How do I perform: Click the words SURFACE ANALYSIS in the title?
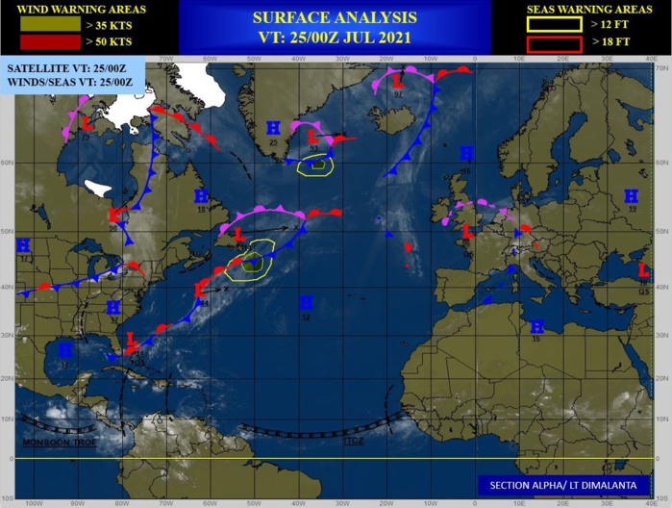(335, 17)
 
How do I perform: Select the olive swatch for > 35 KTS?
(37, 24)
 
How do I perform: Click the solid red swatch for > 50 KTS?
(37, 43)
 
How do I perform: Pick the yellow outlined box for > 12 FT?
(554, 24)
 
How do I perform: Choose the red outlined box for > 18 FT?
(554, 43)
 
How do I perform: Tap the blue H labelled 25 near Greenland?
(273, 128)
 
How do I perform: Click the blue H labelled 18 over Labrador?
(202, 196)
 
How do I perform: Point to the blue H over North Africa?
(536, 327)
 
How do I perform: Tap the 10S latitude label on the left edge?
(7, 497)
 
